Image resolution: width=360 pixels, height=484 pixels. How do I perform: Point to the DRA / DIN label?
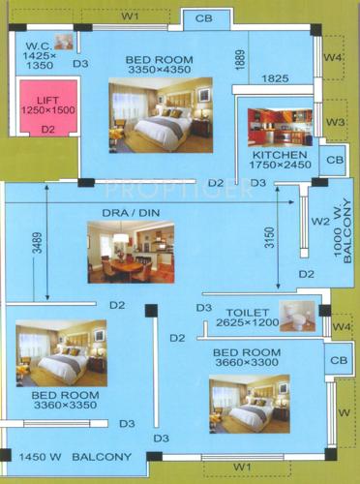pyautogui.click(x=130, y=213)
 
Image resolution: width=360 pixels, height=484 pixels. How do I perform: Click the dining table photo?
pyautogui.click(x=130, y=252)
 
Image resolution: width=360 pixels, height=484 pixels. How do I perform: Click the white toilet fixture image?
pyautogui.click(x=301, y=318)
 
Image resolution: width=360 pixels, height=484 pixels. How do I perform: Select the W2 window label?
pyautogui.click(x=320, y=221)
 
